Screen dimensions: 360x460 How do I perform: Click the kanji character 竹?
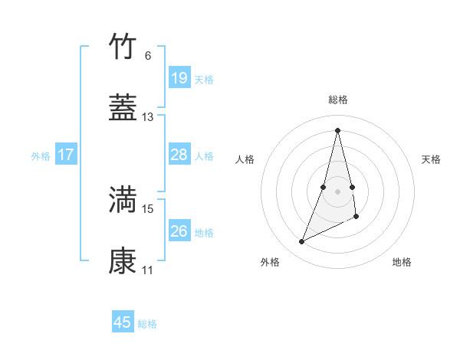pyautogui.click(x=123, y=47)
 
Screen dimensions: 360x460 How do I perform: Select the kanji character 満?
pyautogui.click(x=123, y=199)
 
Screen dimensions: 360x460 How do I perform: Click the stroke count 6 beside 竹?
pyautogui.click(x=148, y=55)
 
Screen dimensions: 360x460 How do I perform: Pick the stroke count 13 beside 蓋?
pyautogui.click(x=148, y=117)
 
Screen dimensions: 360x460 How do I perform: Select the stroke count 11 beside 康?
pyautogui.click(x=148, y=270)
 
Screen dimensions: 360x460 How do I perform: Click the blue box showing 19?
pyautogui.click(x=179, y=77)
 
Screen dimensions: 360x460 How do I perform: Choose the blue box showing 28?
pyautogui.click(x=179, y=155)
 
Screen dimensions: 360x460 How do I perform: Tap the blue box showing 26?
pyautogui.click(x=179, y=231)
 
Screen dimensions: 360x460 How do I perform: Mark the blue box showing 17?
pyautogui.click(x=66, y=155)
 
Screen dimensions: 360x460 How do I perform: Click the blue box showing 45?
pyautogui.click(x=123, y=322)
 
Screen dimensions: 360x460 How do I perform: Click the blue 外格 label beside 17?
pyautogui.click(x=41, y=156)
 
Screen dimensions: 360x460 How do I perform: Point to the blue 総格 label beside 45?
pyautogui.click(x=147, y=324)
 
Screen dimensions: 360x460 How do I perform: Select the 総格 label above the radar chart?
pyautogui.click(x=338, y=100)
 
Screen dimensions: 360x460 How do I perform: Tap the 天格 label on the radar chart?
pyautogui.click(x=432, y=159)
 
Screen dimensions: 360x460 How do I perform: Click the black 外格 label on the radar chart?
pyautogui.click(x=270, y=262)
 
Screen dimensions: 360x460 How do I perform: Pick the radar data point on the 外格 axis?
pyautogui.click(x=302, y=242)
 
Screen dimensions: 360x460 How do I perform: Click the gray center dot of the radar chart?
pyautogui.click(x=338, y=191)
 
